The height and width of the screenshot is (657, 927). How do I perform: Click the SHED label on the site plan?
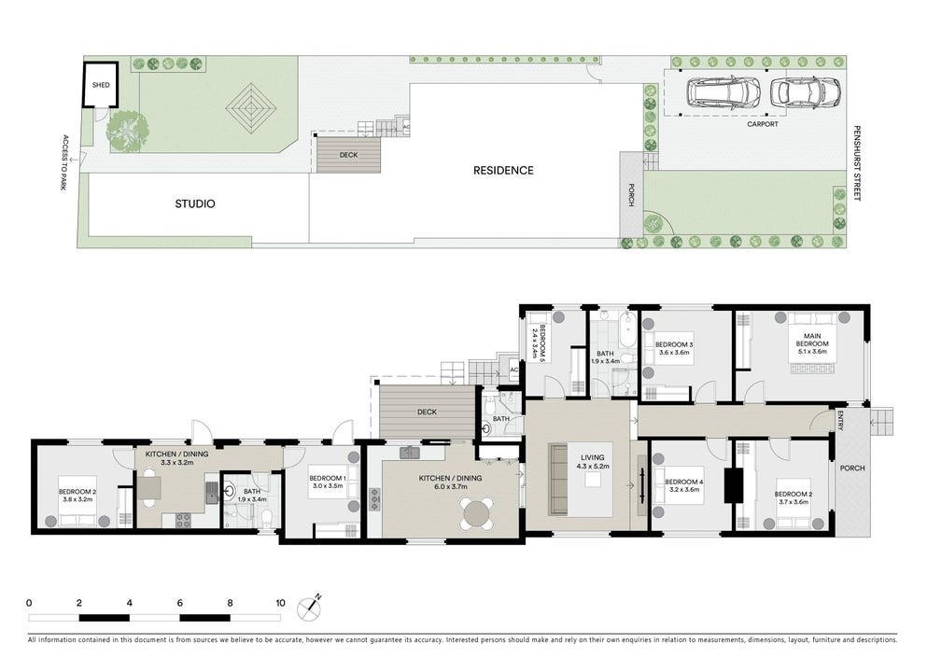(101, 85)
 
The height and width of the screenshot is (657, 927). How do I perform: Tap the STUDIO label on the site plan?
(195, 203)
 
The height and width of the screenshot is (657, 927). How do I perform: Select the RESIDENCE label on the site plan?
(503, 170)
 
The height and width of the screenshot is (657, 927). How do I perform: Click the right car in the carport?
(805, 92)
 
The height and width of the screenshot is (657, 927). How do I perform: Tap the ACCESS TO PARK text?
(65, 163)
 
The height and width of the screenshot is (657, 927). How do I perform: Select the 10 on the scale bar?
(280, 603)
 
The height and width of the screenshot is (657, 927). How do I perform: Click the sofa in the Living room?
(558, 480)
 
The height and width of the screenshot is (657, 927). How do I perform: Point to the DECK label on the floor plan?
(428, 412)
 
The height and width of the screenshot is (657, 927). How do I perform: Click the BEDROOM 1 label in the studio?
(329, 482)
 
